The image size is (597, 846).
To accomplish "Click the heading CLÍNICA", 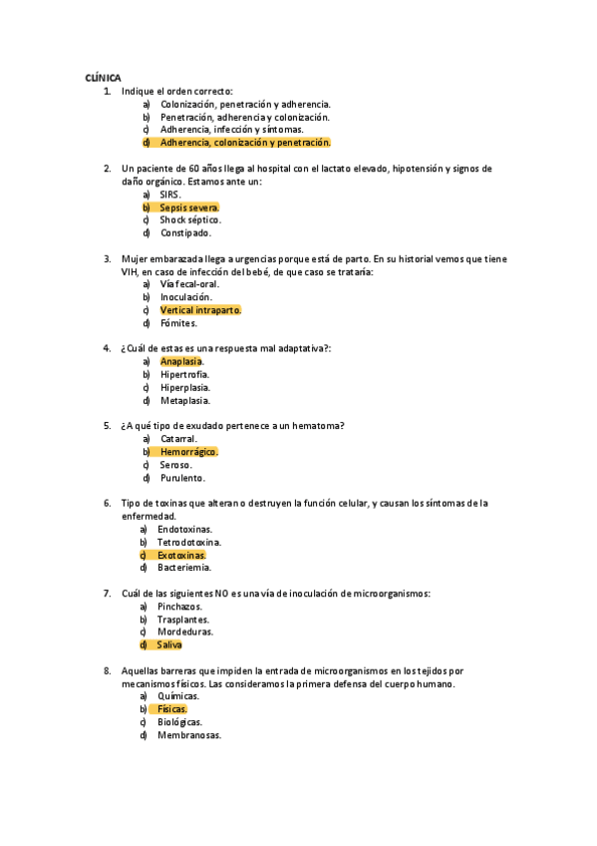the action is pos(104,78).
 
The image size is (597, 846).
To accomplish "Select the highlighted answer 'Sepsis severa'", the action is pos(189,208).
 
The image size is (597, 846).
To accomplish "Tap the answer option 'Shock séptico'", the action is pos(190,219).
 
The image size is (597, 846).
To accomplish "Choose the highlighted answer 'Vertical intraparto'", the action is pos(200,310).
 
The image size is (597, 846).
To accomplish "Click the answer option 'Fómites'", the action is pos(178,323).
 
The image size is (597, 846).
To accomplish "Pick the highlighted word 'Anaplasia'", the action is pos(181,361).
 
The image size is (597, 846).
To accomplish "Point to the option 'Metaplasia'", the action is pos(184,400).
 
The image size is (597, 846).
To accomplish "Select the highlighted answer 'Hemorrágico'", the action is pos(188,452).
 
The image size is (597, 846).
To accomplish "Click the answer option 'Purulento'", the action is pos(182,478).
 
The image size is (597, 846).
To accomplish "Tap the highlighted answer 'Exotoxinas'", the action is pos(181,555).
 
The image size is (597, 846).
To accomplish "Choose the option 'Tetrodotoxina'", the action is pos(189,542).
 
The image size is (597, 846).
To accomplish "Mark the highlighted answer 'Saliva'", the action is pos(169,644).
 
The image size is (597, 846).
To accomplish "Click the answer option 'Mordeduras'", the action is pos(185,632).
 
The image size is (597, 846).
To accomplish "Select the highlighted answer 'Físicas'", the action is pos(171,709).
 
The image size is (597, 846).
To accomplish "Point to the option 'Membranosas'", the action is pos(189,735).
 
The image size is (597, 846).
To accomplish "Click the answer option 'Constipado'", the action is pos(185,232).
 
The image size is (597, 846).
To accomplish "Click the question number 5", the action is pos(107,426).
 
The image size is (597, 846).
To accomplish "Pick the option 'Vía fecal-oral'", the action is pos(189,284).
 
